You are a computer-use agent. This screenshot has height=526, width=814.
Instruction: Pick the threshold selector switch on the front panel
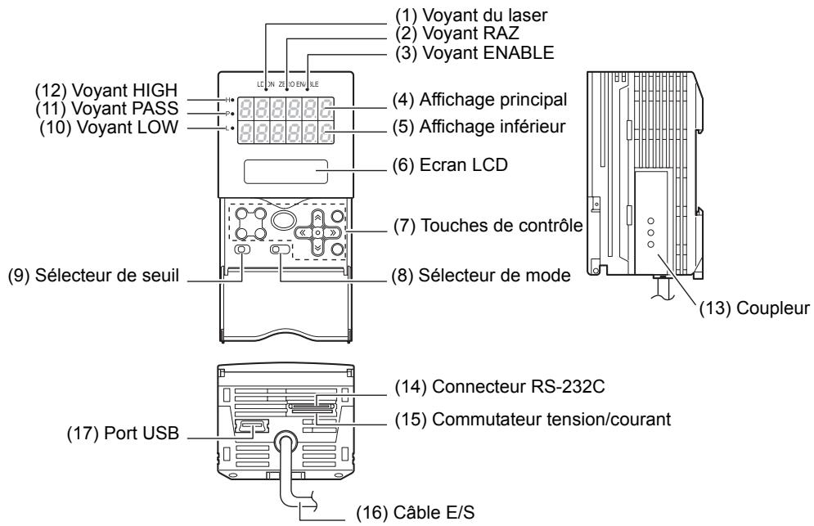[242, 250]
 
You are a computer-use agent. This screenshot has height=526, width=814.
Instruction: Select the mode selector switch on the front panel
[281, 250]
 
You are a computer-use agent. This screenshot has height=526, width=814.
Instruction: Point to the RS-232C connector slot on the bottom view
[313, 404]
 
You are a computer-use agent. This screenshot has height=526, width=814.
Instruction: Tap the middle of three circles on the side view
[651, 232]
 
